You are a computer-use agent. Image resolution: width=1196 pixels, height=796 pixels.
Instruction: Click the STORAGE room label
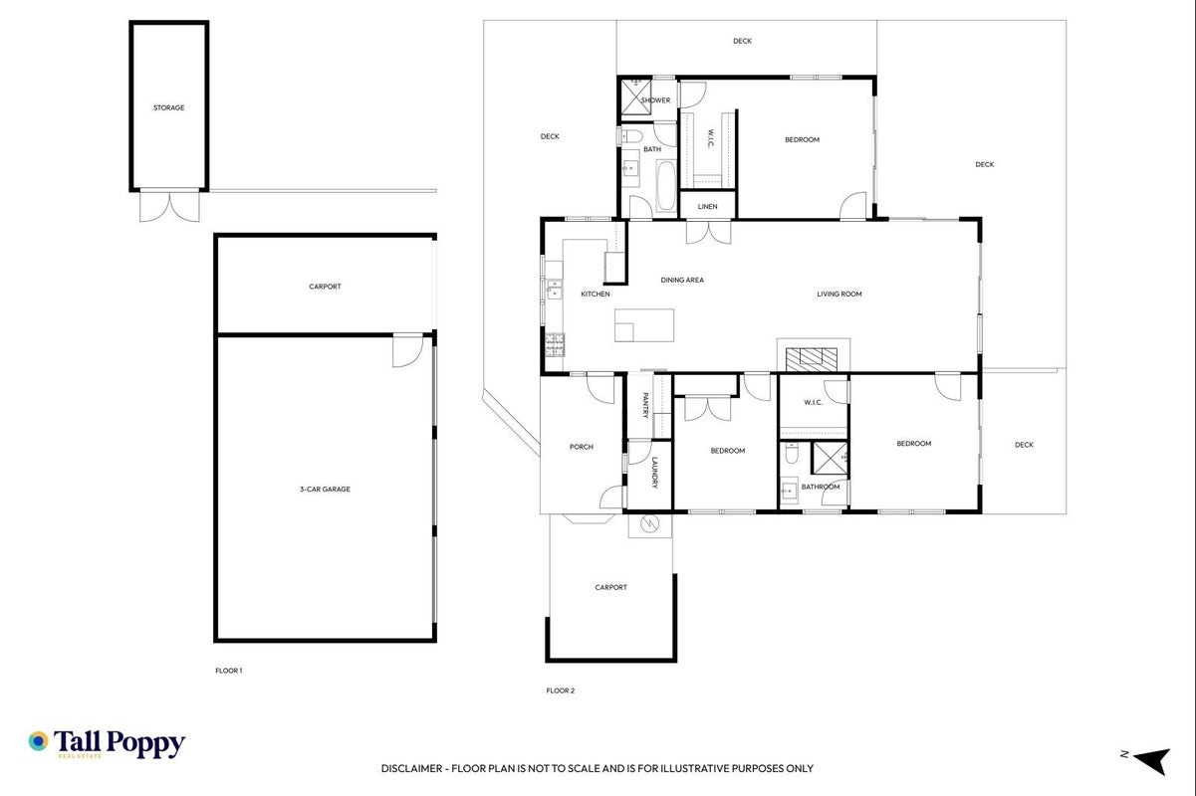168,107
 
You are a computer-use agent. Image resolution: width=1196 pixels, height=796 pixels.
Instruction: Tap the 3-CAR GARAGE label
325,489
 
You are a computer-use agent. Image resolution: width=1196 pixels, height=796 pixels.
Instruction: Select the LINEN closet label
707,207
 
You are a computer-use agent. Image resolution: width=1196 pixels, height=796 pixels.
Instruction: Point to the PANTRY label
645,406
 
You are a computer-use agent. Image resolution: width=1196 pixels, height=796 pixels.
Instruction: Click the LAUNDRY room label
654,473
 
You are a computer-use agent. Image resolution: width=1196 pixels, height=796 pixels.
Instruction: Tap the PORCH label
582,447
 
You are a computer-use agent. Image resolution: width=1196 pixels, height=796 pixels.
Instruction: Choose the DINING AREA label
682,280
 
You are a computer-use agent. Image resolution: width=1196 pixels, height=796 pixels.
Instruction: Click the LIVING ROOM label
839,294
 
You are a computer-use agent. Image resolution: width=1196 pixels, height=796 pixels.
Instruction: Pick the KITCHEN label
596,294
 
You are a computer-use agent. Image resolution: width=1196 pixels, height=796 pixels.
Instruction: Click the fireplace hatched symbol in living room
811,359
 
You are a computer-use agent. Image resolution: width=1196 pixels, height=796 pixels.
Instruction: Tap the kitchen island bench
644,325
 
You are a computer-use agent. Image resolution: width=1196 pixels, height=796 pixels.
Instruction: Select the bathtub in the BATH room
666,186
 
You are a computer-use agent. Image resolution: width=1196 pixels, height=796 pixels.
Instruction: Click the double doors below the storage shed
169,206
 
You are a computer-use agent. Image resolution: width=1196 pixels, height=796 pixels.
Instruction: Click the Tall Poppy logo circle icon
39,741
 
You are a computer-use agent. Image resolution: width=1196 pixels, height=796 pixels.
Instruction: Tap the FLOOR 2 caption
560,691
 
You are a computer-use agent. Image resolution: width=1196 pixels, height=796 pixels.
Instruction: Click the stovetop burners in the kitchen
555,344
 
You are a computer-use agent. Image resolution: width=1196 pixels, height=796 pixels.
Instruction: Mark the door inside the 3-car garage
408,350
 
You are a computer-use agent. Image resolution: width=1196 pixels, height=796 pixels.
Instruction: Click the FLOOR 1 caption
228,671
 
